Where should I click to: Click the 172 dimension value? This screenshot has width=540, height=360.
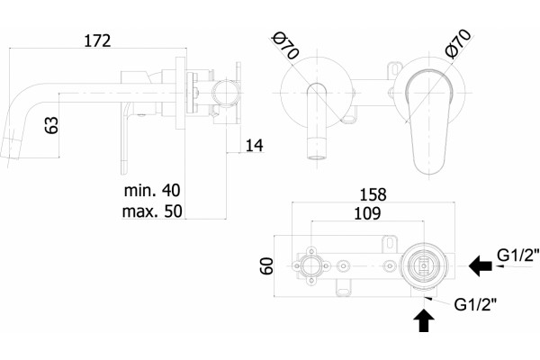point(97,40)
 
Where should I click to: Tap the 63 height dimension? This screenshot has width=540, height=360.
point(51,125)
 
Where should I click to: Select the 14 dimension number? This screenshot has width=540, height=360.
point(254,145)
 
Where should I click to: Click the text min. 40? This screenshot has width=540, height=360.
point(152,190)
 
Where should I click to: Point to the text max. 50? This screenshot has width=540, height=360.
point(152,211)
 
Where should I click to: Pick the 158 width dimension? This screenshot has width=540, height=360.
point(373,194)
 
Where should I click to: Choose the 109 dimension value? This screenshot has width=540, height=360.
point(367,213)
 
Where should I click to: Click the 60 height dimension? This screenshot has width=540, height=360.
point(266,265)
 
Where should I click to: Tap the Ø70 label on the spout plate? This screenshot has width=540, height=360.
point(285,45)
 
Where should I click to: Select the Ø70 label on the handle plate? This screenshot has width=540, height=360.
point(458,43)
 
